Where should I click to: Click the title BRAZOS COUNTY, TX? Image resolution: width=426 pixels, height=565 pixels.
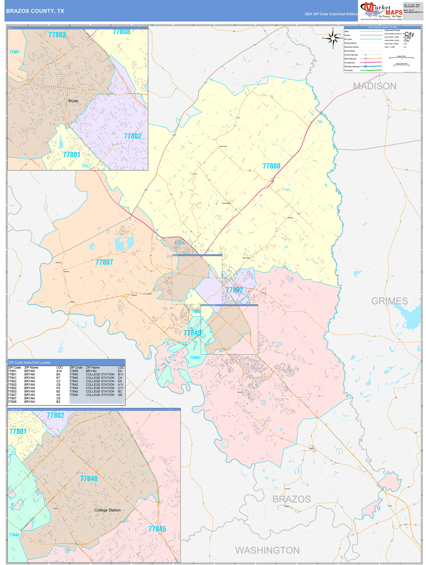[35, 11]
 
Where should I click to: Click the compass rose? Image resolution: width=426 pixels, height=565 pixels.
[333, 38]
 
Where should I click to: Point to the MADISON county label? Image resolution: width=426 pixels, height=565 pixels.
[375, 86]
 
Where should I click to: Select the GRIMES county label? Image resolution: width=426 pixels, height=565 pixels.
[389, 301]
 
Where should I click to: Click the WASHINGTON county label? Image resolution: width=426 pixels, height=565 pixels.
[267, 550]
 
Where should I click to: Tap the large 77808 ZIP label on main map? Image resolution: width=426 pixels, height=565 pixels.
[271, 166]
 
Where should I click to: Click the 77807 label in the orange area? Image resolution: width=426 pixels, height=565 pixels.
[104, 262]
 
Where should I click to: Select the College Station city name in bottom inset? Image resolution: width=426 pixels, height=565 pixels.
[107, 510]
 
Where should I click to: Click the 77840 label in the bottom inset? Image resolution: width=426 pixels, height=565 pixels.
[89, 479]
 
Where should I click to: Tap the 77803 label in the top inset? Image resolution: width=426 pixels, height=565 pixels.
[57, 35]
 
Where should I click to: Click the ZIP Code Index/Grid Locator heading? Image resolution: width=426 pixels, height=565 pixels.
[30, 362]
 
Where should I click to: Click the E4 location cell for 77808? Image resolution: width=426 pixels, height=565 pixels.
[120, 371]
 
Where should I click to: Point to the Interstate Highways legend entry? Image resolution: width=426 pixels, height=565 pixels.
[352, 66]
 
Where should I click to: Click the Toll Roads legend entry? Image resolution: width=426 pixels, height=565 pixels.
[349, 70]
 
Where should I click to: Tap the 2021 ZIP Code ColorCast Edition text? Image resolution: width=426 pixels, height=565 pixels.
[331, 14]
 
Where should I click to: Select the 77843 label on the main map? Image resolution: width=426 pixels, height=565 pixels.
[194, 358]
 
